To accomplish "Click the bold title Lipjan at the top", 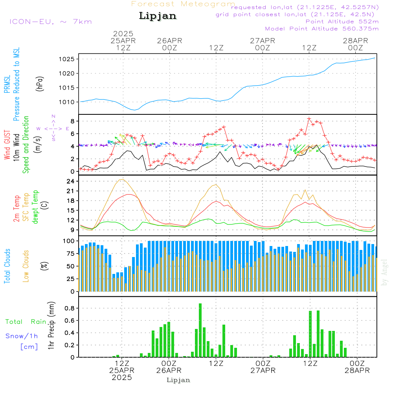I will (x=158, y=16).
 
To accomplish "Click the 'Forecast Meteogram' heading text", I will (x=183, y=4).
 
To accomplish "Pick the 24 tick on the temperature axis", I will (x=71, y=181).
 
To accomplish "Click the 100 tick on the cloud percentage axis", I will (x=68, y=241).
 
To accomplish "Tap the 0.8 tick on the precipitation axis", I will (x=70, y=308).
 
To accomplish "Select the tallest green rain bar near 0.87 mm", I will (x=200, y=330).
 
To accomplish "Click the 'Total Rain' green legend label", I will (x=26, y=321).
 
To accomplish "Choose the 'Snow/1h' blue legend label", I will (x=22, y=336).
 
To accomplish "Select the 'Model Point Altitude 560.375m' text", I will (x=321, y=29).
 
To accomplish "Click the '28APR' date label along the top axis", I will (x=355, y=41).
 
